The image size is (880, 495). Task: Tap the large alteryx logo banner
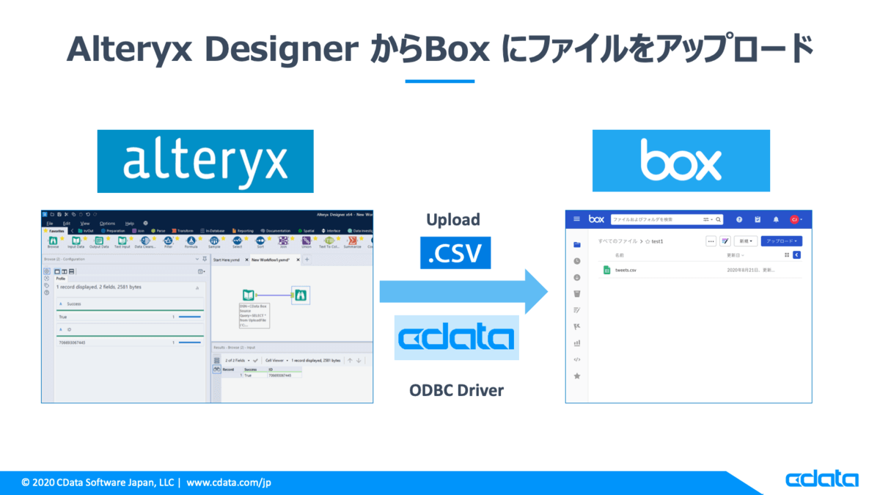[205, 161]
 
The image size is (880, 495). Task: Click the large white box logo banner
[681, 161]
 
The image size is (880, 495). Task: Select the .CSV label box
[455, 252]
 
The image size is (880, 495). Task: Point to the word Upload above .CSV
[453, 219]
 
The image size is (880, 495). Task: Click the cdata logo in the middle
[456, 337]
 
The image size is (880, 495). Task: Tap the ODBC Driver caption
[456, 389]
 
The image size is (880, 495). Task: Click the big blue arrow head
[538, 291]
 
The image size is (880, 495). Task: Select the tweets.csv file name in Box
[626, 270]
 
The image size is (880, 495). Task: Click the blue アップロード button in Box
[781, 241]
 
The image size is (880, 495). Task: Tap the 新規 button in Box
[747, 241]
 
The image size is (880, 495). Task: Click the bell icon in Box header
[776, 219]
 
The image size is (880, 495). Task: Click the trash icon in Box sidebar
[577, 293]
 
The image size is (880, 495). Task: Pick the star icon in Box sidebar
[577, 376]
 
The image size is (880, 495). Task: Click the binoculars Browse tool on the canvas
[301, 295]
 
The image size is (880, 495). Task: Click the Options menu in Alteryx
[107, 223]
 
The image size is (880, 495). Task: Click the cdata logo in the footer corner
[821, 480]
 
